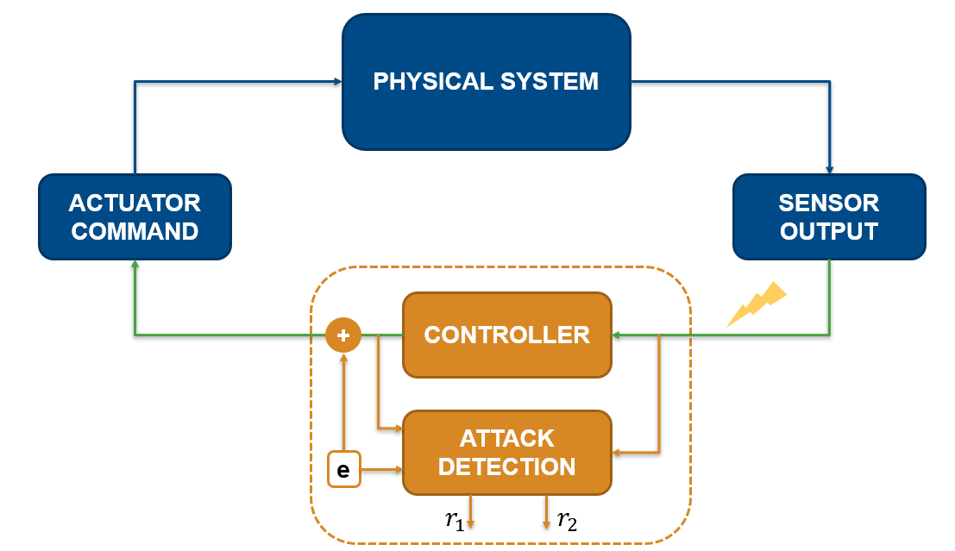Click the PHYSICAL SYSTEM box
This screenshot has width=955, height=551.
pyautogui.click(x=486, y=82)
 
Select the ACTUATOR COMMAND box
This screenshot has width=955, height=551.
pyautogui.click(x=135, y=216)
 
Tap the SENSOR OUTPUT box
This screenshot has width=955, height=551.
pyautogui.click(x=828, y=216)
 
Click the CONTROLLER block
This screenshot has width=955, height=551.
pyautogui.click(x=506, y=335)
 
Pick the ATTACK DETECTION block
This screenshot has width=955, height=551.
pyautogui.click(x=506, y=453)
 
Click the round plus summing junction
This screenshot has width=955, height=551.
pyautogui.click(x=342, y=335)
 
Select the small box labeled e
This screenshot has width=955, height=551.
pyautogui.click(x=343, y=470)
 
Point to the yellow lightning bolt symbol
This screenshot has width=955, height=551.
pyautogui.click(x=757, y=304)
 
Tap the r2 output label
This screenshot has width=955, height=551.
pyautogui.click(x=567, y=519)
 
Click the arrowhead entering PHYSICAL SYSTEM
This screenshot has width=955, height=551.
pyautogui.click(x=337, y=82)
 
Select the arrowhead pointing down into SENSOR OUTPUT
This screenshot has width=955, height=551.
pyautogui.click(x=829, y=169)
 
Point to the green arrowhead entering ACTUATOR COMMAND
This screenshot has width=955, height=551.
pyautogui.click(x=135, y=266)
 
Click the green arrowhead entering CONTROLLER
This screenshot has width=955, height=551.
pyautogui.click(x=617, y=335)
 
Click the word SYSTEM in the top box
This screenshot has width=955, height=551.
pyautogui.click(x=550, y=82)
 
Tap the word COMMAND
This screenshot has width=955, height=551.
pyautogui.click(x=135, y=231)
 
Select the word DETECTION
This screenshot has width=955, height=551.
pyautogui.click(x=506, y=467)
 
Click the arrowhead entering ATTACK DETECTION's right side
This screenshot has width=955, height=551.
pyautogui.click(x=617, y=453)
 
